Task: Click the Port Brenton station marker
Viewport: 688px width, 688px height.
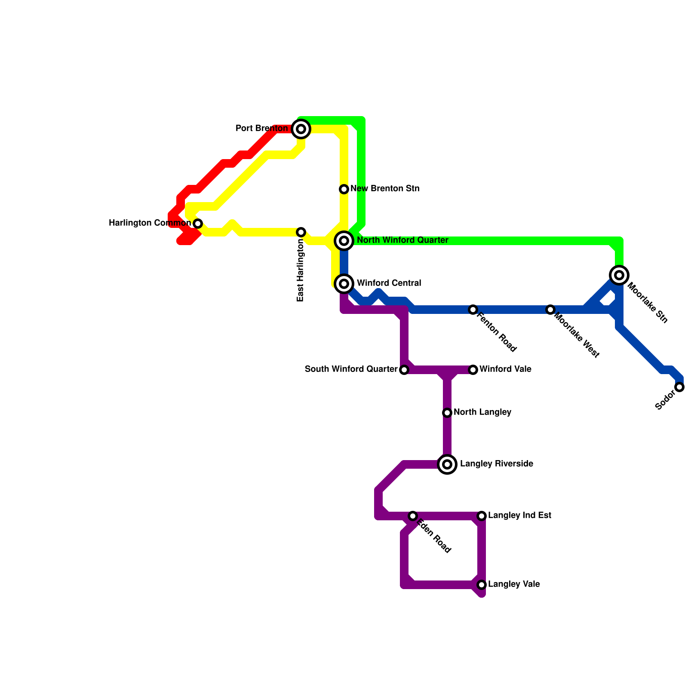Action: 301,129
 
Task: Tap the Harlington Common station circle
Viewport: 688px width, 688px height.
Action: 198,224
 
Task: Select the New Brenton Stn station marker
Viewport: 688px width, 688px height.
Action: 344,189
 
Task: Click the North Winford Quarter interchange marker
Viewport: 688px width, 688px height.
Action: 344,241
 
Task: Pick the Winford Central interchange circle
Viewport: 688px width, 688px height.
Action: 344,284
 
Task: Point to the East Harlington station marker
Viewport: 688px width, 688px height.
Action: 301,232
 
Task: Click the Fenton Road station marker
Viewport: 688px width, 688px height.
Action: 473,310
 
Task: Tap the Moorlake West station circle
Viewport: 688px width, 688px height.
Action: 550,310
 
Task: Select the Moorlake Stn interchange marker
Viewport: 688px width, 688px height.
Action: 619,275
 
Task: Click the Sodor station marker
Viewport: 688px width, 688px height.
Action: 679,387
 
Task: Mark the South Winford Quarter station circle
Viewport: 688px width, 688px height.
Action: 404,370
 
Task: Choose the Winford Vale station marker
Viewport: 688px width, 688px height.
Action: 473,370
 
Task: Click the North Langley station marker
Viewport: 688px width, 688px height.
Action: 447,413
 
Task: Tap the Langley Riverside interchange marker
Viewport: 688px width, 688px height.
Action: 447,464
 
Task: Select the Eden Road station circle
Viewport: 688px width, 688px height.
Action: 413,516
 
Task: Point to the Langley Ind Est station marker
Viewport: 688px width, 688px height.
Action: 482,516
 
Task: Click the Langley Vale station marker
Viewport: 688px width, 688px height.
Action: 482,585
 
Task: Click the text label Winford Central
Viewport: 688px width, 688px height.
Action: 389,283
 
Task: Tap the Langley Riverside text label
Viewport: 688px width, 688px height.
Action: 496,464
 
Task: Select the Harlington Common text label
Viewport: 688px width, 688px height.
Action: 150,223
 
